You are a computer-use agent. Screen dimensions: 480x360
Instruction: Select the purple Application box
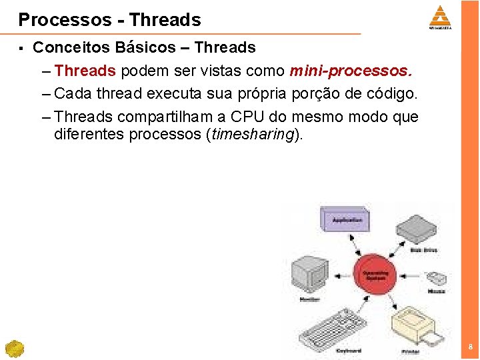(x=347, y=219)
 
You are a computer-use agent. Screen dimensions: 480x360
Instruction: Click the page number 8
(x=471, y=347)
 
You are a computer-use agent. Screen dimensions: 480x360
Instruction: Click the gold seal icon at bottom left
(x=14, y=349)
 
